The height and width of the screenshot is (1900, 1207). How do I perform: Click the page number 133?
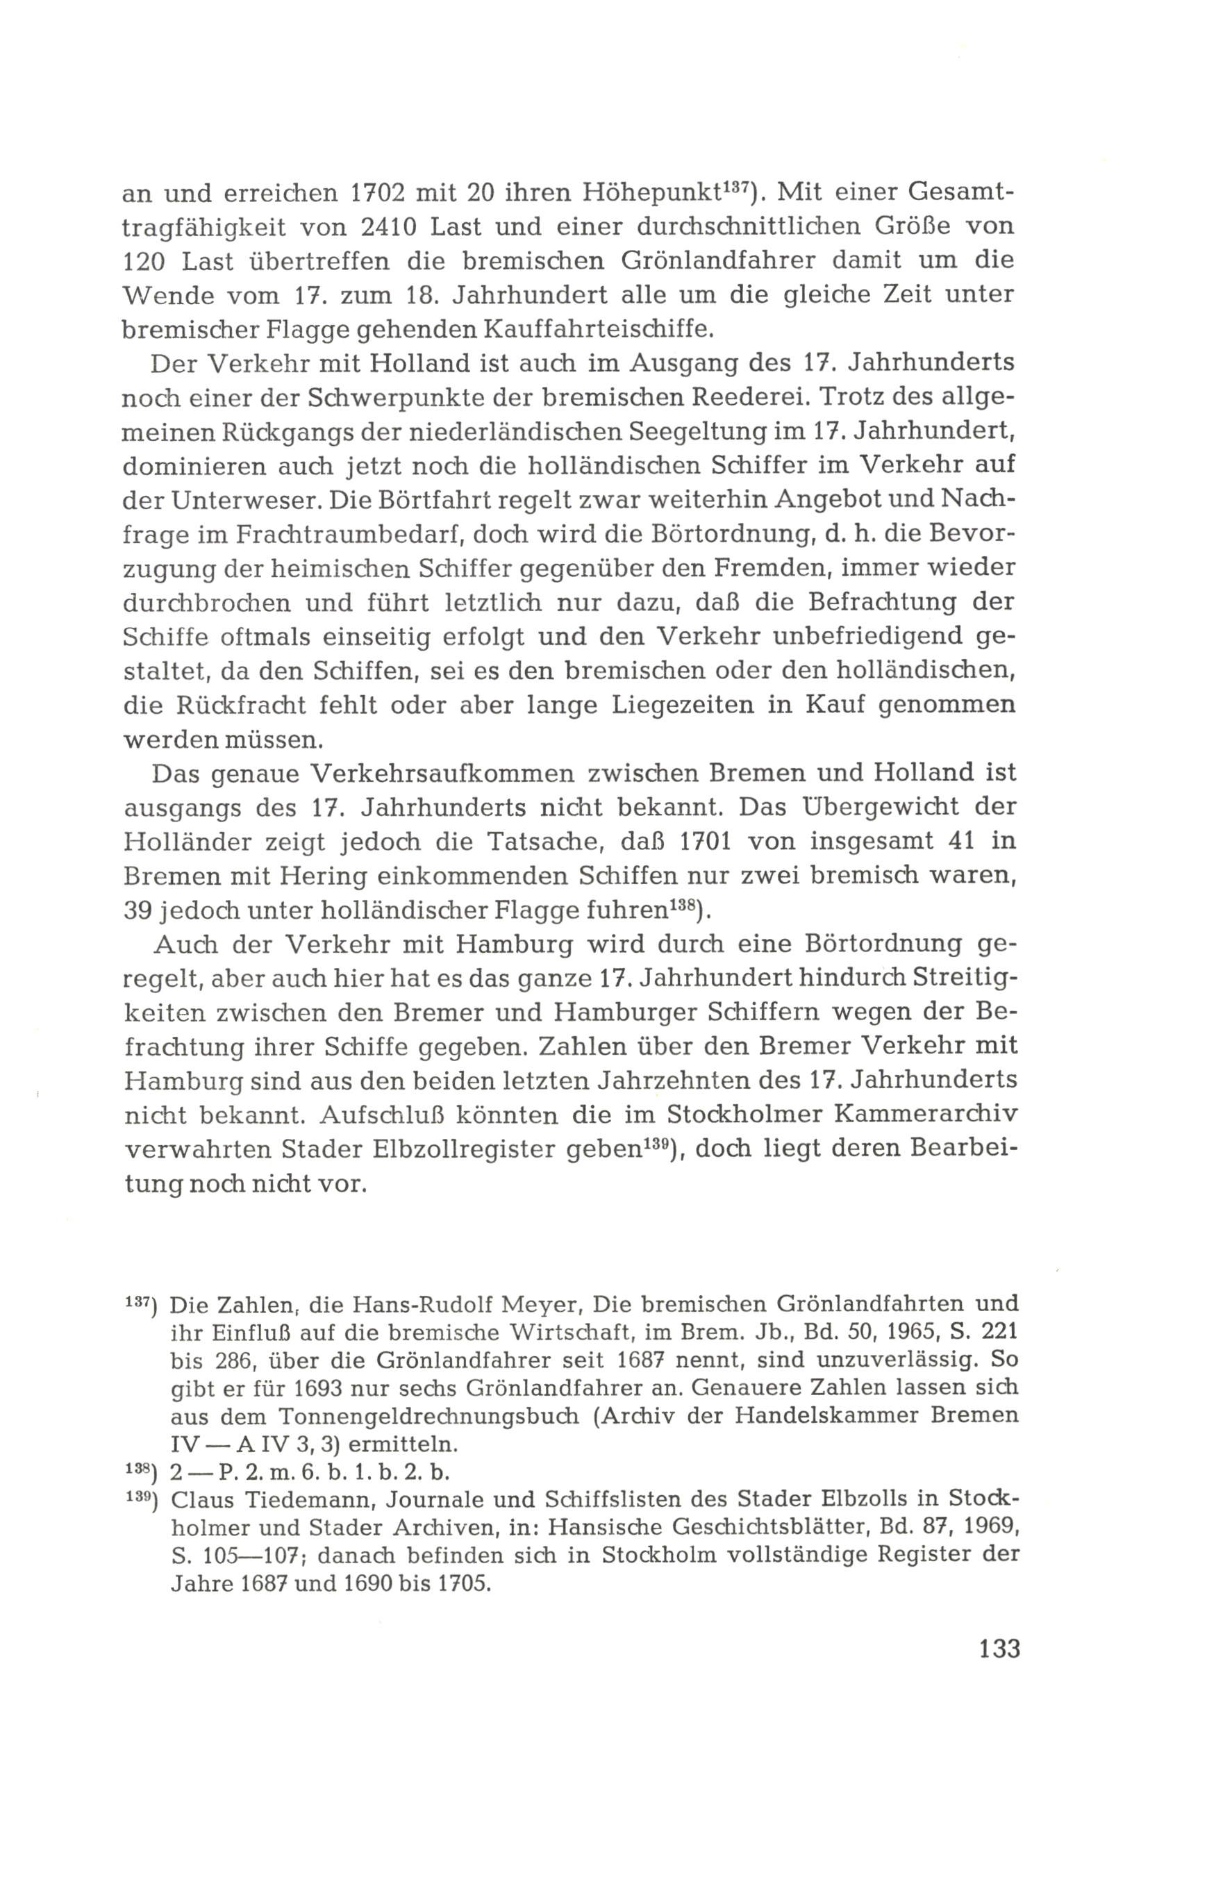click(x=999, y=1649)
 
